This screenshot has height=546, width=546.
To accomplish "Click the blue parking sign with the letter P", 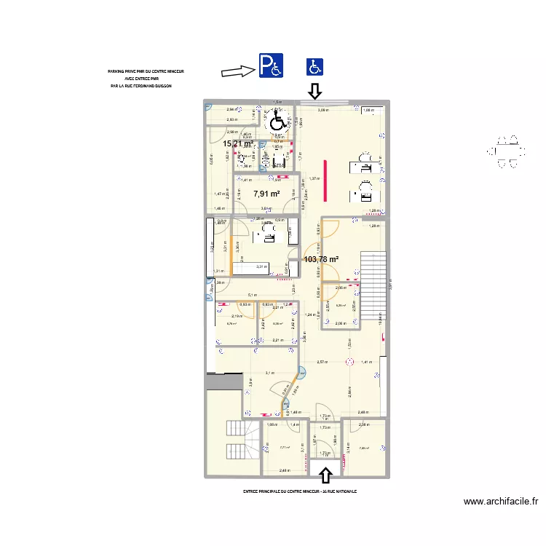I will [x=269, y=66].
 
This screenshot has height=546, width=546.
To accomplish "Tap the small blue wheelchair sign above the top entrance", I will [x=314, y=67].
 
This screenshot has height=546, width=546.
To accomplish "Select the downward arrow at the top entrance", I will [x=314, y=91].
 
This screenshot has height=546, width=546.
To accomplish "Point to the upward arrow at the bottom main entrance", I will [x=325, y=475].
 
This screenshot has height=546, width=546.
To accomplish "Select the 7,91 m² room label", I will [x=266, y=194].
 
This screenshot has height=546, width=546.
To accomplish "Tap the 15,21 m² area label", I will [x=237, y=144].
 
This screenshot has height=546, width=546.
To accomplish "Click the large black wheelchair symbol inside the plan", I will [x=278, y=119].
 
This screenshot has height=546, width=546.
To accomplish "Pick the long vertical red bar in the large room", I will [x=325, y=179].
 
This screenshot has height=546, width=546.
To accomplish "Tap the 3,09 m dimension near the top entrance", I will [x=323, y=111].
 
